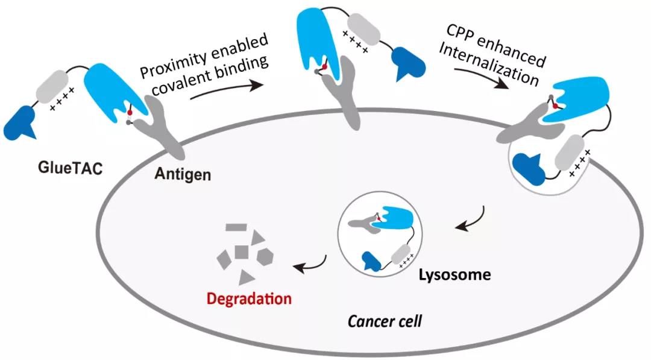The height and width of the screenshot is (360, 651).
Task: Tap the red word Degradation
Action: pos(249,298)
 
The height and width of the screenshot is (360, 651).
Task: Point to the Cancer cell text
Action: pos(385,320)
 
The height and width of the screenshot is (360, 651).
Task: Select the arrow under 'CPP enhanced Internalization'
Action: pos(482,81)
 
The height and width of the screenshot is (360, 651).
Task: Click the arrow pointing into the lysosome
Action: pos(469,219)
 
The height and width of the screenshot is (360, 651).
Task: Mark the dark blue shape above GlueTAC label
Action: pos(20,120)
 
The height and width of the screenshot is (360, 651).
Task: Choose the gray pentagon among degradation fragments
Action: pos(265,256)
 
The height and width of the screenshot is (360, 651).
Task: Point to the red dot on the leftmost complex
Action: pos(130,113)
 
